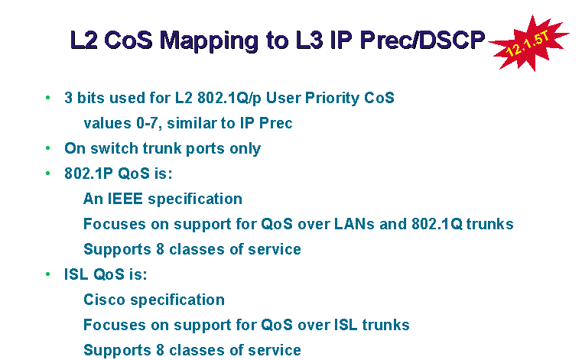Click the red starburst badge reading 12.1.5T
coord(529,43)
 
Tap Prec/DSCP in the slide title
coord(422,39)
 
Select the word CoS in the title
coord(128,39)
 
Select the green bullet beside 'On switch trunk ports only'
coord(48,148)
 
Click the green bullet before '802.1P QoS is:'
coord(48,174)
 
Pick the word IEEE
coord(125,199)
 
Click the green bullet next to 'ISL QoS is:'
coord(48,274)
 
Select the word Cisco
coord(104,300)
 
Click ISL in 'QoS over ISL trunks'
coord(346,325)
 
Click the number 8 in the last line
coord(160,350)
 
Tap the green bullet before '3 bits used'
coord(48,98)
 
